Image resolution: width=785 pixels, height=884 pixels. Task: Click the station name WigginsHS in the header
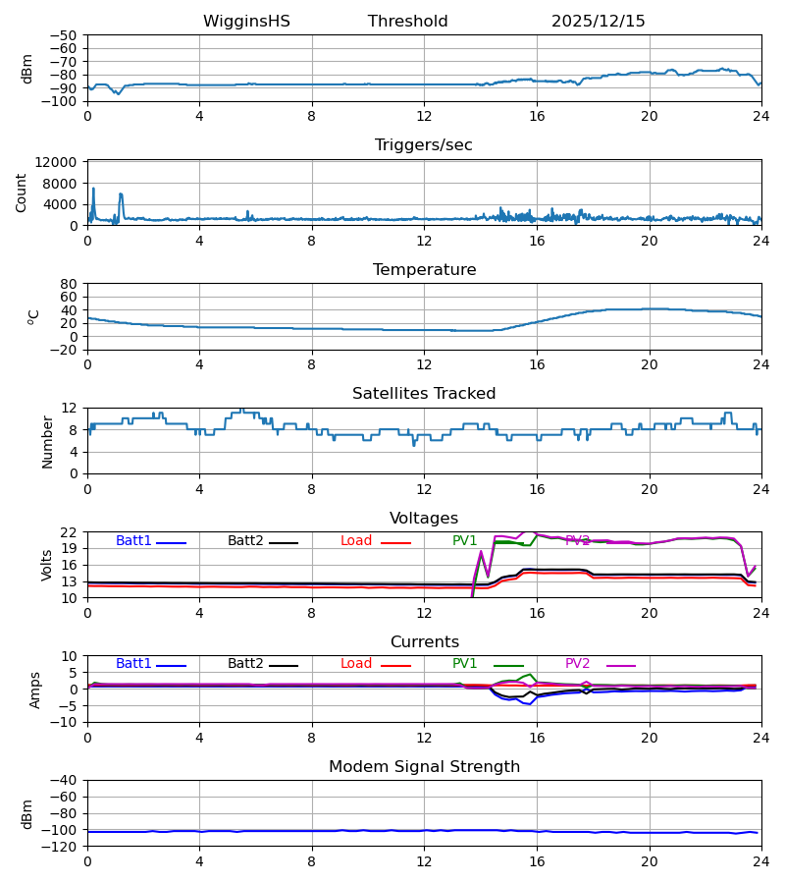click(246, 22)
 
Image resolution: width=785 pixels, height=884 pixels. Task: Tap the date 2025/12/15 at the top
click(598, 22)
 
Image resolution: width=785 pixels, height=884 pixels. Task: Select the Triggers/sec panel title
click(424, 145)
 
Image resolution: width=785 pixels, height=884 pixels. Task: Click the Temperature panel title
click(424, 270)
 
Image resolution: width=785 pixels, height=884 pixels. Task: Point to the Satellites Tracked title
click(424, 394)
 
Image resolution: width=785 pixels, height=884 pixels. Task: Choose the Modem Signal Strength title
click(424, 767)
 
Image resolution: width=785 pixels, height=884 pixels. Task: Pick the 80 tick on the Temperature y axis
click(69, 284)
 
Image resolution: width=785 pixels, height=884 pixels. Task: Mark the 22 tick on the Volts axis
click(69, 532)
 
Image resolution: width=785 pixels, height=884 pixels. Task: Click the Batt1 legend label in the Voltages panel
click(133, 541)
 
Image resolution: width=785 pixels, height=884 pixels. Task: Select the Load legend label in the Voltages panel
click(356, 541)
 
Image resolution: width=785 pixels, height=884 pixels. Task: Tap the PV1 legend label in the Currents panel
click(464, 664)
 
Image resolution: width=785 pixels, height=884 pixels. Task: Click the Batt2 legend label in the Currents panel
click(245, 664)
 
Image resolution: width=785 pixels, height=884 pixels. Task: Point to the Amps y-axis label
click(35, 690)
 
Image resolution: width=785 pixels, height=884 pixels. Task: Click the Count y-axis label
click(22, 193)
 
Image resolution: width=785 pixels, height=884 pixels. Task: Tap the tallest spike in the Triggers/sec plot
click(93, 188)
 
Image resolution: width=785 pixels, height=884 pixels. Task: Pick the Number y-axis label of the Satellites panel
click(47, 441)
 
